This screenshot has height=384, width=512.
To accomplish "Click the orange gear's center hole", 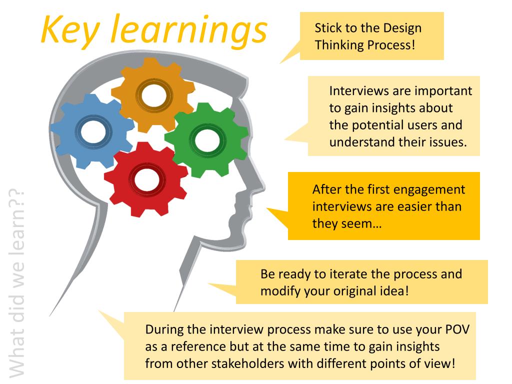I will click(153, 94).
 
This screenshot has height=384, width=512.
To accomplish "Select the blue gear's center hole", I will click(93, 131).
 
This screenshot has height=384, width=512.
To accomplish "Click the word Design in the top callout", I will click(402, 28).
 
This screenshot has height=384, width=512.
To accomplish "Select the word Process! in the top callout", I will click(391, 44).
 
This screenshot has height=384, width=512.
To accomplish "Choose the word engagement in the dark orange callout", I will click(429, 190).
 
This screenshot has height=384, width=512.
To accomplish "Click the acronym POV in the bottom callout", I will click(457, 330).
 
